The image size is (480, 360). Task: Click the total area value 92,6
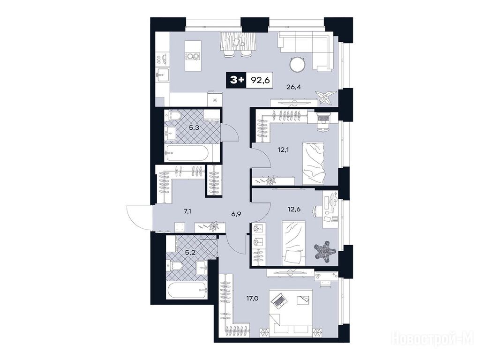(x=259, y=80)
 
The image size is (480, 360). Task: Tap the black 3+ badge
(x=236, y=80)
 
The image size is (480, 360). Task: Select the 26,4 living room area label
(x=293, y=87)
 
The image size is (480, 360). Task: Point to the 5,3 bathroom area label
(x=194, y=127)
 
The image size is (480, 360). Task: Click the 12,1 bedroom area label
(x=283, y=150)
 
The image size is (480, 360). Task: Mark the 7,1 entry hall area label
(x=187, y=211)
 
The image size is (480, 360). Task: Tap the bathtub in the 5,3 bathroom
(x=191, y=153)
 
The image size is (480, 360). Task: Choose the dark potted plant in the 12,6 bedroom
(x=325, y=252)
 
